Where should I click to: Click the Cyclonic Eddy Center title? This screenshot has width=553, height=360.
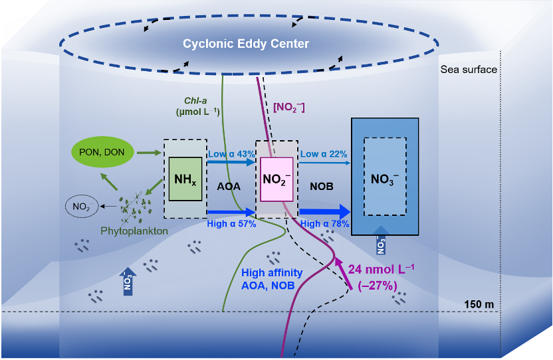247,44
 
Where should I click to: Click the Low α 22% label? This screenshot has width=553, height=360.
324,153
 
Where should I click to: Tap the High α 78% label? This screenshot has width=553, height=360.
325,224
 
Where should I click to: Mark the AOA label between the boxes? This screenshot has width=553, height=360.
229,187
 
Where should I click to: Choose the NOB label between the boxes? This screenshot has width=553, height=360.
322,187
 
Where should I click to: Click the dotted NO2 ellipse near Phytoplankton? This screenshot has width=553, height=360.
82,207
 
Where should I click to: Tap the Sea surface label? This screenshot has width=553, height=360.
469,69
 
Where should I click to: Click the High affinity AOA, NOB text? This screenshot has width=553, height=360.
272,279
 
